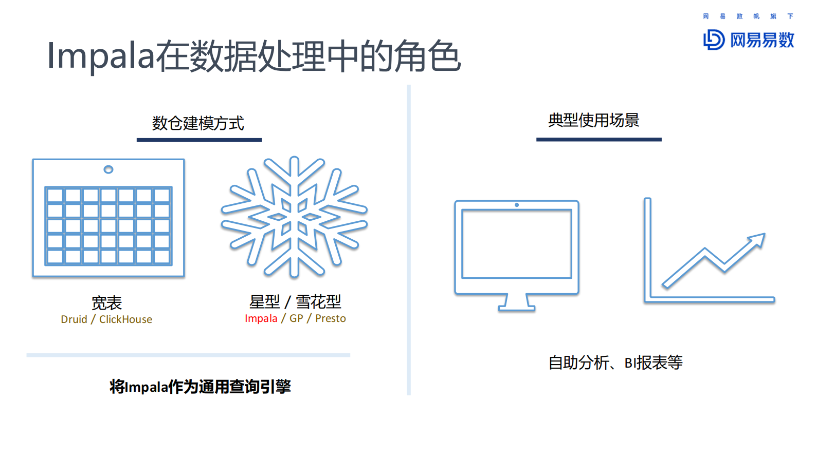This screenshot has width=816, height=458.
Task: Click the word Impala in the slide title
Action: (x=101, y=56)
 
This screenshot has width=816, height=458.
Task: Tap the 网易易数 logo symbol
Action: (x=714, y=40)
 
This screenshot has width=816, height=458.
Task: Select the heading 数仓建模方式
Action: (x=198, y=123)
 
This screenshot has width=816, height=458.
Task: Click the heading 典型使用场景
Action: (x=594, y=120)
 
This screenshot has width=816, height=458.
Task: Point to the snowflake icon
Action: (x=294, y=217)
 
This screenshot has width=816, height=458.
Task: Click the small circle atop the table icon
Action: (x=108, y=169)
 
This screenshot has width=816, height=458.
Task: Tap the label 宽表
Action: (x=106, y=303)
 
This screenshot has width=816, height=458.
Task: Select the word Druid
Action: (x=74, y=319)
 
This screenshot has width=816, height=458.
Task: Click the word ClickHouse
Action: (x=125, y=319)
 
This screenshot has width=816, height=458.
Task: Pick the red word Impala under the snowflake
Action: (x=261, y=318)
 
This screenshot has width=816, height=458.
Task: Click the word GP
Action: (x=296, y=318)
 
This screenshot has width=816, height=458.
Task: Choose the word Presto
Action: (x=330, y=318)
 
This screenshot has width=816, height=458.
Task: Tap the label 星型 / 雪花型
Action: (x=295, y=302)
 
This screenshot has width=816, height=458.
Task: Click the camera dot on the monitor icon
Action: (x=517, y=205)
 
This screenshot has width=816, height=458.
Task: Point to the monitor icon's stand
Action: (x=517, y=303)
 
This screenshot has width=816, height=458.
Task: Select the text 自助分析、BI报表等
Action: (x=615, y=362)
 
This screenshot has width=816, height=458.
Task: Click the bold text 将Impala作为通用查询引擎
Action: (x=200, y=386)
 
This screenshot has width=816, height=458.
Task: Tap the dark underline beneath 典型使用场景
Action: (x=599, y=139)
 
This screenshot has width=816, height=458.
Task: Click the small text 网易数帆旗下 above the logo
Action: (x=748, y=16)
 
